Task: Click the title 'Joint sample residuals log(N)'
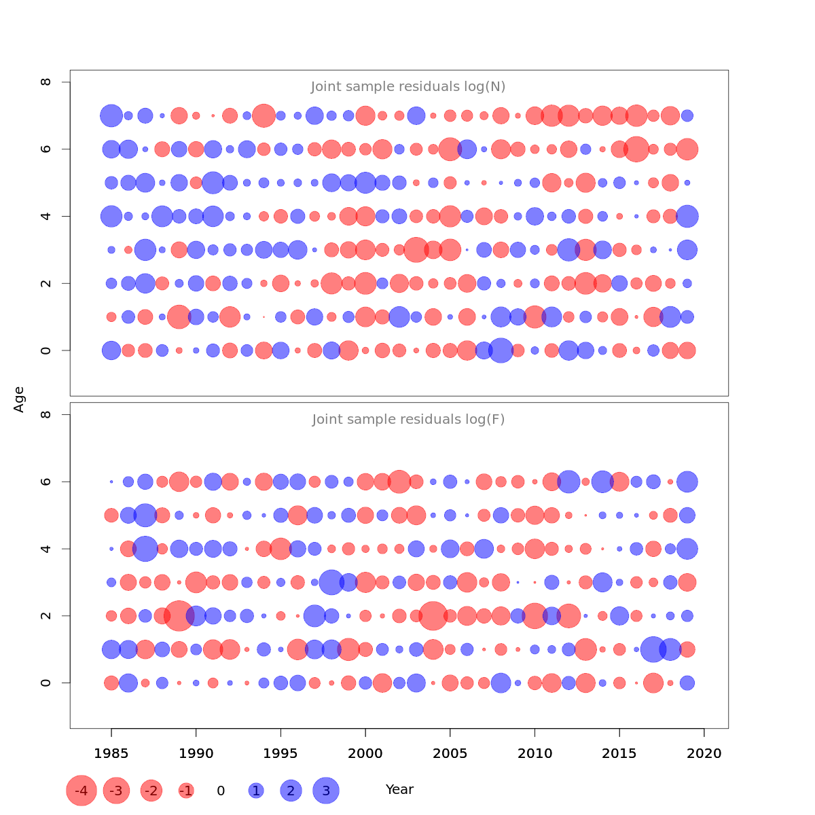coord(408,87)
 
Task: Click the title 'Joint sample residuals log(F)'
coord(408,420)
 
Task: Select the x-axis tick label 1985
coord(111,753)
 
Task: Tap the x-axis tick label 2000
coord(365,753)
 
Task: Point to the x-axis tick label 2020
coord(704,753)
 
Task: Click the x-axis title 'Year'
coord(399,790)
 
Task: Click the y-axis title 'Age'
coord(20,399)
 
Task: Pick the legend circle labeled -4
coord(81,791)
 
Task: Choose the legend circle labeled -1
coord(186,791)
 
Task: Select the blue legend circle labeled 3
coord(326,791)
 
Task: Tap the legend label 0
coord(221,791)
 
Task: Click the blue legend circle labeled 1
coord(256,791)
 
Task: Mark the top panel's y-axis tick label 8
coord(46,82)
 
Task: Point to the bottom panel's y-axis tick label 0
coord(46,683)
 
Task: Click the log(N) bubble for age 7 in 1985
coord(111,115)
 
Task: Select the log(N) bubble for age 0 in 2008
coord(501,350)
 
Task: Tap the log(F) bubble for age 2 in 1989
coord(179,616)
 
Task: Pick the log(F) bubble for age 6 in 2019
coord(687,482)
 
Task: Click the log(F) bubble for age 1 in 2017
coord(653,649)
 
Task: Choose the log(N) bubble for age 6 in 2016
coord(636,149)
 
